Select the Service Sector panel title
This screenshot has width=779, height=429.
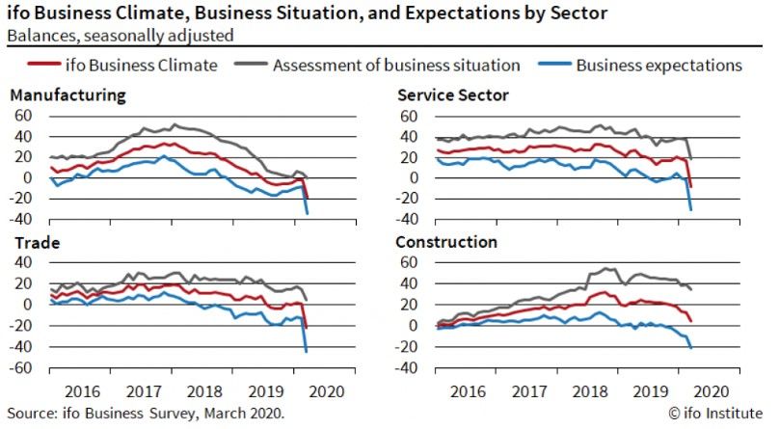click(x=453, y=94)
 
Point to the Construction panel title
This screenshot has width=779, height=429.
click(x=446, y=241)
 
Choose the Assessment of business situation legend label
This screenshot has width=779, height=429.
click(x=396, y=66)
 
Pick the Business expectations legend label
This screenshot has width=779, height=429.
click(x=658, y=66)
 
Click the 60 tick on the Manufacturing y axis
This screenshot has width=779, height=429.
click(x=23, y=115)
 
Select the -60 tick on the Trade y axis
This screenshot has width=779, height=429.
click(x=22, y=368)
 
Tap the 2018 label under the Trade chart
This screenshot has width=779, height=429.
click(x=203, y=391)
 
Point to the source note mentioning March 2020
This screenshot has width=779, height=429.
click(x=146, y=413)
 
